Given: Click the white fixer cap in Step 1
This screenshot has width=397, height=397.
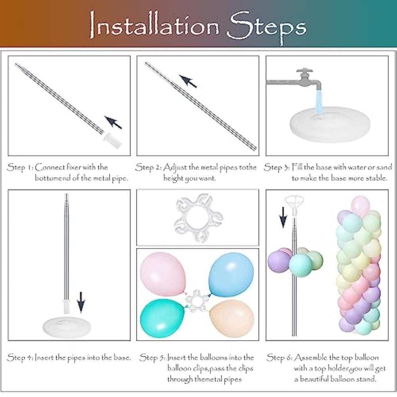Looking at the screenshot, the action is (112, 140).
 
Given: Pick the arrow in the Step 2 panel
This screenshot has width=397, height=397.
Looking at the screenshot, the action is (188, 81).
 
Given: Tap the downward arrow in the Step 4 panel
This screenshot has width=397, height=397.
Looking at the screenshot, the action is (81, 302).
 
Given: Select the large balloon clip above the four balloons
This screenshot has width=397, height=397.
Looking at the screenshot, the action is (198, 218).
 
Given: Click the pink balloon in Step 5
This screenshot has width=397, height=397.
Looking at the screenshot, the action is (163, 274).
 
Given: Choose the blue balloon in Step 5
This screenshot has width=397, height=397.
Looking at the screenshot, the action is (231, 274).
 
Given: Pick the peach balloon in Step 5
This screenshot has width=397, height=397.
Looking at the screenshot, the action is (231, 318).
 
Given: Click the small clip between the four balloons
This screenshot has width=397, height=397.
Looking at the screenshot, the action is (198, 301).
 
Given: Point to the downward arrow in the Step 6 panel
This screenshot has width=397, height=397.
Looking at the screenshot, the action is (283, 217).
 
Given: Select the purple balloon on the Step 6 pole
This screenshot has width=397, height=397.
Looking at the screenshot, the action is (278, 262).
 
